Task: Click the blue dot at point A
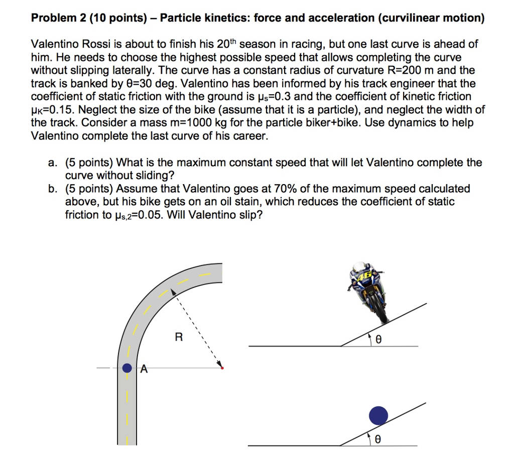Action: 128,369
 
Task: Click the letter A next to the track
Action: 144,370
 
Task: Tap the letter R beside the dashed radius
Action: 178,338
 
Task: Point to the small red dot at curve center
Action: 222,369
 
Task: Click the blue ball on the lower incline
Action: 378,415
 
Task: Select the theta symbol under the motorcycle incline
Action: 378,340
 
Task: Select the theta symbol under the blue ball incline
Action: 378,439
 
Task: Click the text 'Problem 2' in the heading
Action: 55,19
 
